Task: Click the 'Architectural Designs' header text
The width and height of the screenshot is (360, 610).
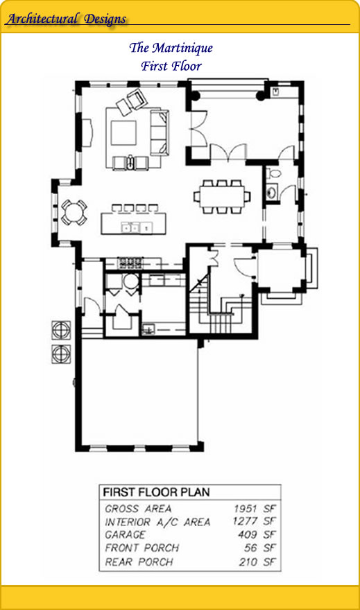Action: tap(67, 19)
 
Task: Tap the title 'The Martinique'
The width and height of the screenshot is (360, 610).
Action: tap(171, 48)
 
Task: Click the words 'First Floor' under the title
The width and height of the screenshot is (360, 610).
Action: tap(171, 66)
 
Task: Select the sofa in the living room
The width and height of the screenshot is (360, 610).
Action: tap(160, 132)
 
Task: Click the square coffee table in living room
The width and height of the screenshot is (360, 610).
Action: tap(123, 133)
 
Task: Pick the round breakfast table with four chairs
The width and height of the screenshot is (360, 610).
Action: tap(74, 212)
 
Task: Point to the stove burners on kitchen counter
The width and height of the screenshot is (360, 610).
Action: tap(130, 263)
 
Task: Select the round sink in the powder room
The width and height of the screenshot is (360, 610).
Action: tap(272, 192)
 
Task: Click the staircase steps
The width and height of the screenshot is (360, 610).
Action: tap(220, 307)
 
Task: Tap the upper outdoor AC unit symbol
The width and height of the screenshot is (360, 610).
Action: tap(61, 330)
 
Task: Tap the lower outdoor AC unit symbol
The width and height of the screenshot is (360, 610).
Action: tap(61, 354)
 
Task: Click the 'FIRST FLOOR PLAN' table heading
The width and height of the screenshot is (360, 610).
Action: tap(156, 493)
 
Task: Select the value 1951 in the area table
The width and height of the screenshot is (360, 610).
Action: tap(246, 509)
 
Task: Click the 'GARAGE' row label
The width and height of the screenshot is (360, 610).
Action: tap(125, 535)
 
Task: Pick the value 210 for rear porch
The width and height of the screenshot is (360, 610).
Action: tap(248, 561)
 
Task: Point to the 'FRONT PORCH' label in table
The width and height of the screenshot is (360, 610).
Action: tap(142, 548)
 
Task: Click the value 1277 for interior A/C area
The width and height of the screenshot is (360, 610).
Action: tap(245, 521)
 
